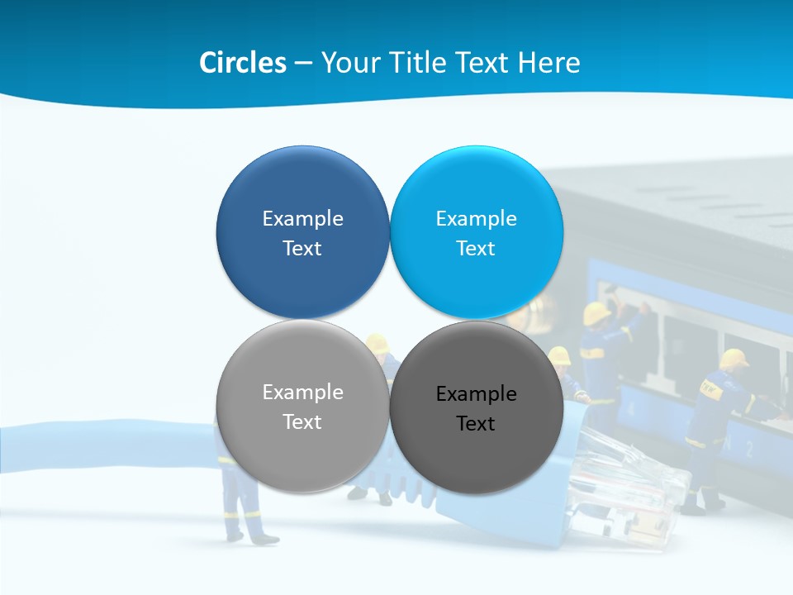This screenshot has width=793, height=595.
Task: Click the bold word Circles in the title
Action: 243,63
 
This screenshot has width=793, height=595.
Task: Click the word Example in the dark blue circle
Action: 302,219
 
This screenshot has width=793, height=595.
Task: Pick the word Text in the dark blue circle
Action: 302,249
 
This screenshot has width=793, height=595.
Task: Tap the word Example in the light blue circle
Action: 476,219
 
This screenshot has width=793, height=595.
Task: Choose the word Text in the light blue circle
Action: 476,249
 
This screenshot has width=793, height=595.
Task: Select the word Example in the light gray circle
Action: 302,393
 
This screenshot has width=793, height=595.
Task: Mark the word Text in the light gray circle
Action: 302,422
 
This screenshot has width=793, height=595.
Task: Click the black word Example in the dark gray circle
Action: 476,394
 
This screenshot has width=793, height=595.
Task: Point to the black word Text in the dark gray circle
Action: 476,424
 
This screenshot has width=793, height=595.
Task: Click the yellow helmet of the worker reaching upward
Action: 596,313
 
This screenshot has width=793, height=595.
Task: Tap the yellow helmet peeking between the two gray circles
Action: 377,342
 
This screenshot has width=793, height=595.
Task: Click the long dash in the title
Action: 302,64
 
